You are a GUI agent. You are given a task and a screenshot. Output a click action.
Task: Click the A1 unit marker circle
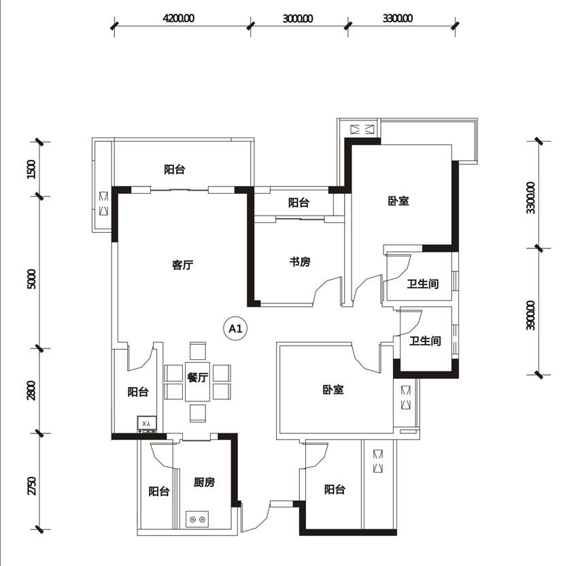(235, 329)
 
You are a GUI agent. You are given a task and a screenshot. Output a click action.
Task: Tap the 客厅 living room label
(183, 265)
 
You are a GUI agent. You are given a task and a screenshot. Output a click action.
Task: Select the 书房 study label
(300, 262)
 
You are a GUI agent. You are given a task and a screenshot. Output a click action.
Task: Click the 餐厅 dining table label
(198, 378)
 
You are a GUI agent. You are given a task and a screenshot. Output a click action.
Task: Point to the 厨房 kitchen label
(204, 482)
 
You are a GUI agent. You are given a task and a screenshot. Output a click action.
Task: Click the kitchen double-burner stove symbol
(197, 520)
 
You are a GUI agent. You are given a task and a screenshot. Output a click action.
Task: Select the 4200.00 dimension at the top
(179, 18)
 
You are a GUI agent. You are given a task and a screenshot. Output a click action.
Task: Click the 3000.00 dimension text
(298, 18)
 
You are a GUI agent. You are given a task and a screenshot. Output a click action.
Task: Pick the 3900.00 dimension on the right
(530, 315)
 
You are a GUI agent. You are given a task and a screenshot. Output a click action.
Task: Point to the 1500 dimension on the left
(31, 169)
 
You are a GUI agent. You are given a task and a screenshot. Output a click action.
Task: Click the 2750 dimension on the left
(31, 486)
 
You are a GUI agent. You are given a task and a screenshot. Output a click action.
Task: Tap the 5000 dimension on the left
(31, 279)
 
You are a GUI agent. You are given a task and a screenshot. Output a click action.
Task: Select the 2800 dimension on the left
(31, 390)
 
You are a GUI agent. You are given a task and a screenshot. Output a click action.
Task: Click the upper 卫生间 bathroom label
(423, 284)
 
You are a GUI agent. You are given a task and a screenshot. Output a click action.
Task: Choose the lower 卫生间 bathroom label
(425, 341)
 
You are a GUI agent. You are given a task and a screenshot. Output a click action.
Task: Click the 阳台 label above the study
(298, 203)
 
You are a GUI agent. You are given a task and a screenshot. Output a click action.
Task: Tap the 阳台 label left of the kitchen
(159, 491)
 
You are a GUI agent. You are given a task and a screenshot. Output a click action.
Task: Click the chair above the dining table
(198, 351)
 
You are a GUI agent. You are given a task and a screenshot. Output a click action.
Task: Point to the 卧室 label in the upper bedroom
(398, 201)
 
